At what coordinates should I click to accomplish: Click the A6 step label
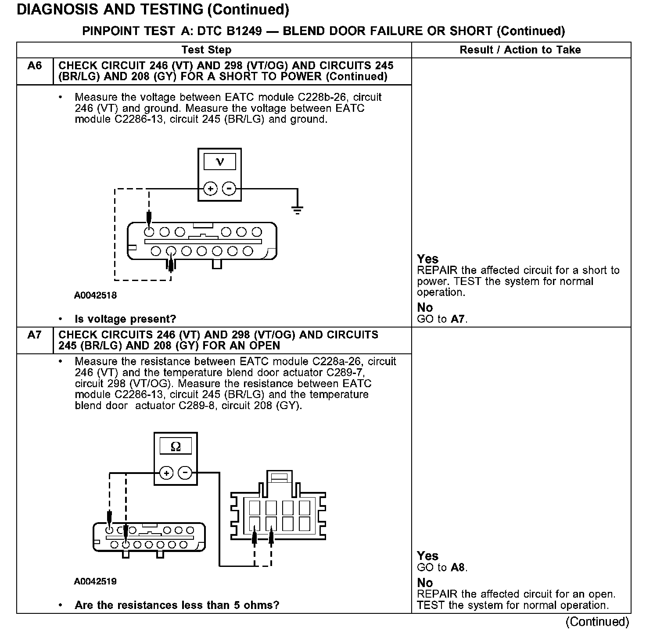(x=35, y=66)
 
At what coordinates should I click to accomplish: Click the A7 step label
(x=35, y=335)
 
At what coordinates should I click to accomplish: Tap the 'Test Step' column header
(x=206, y=50)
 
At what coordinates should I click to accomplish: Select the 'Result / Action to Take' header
(x=520, y=50)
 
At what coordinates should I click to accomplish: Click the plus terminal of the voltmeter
(x=211, y=189)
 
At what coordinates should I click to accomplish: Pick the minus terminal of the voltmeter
(x=229, y=189)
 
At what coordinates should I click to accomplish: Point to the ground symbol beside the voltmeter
(x=298, y=210)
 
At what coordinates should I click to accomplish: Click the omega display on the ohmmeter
(x=176, y=447)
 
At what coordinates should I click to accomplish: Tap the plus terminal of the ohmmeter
(x=166, y=473)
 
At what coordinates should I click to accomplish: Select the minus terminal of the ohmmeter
(x=185, y=473)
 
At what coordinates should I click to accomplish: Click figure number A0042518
(x=95, y=296)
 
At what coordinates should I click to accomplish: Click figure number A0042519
(x=95, y=582)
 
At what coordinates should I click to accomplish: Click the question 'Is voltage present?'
(x=126, y=319)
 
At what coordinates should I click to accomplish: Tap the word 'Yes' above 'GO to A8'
(x=427, y=556)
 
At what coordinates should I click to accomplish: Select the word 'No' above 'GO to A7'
(x=425, y=307)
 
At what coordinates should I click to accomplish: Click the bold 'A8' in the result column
(x=457, y=568)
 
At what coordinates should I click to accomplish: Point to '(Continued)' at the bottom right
(x=597, y=622)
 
